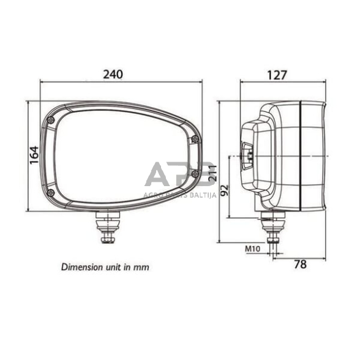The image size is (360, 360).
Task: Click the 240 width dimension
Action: pyautogui.click(x=113, y=74)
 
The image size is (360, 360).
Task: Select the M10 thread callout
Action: pyautogui.click(x=253, y=249)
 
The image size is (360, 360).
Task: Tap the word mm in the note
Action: pyautogui.click(x=141, y=268)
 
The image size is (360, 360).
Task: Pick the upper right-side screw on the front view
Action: pyautogui.click(x=194, y=140)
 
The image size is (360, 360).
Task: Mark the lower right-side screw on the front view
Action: pyautogui.click(x=194, y=174)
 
